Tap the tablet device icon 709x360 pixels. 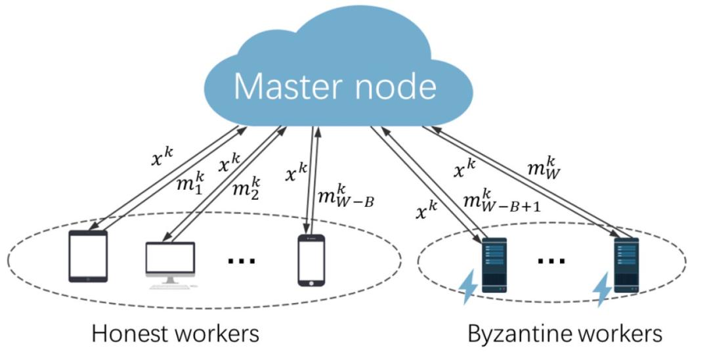pos(88,257)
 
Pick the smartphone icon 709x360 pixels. pos(311,260)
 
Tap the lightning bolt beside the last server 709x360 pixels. pos(601,290)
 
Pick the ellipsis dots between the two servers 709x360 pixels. pos(551,260)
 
